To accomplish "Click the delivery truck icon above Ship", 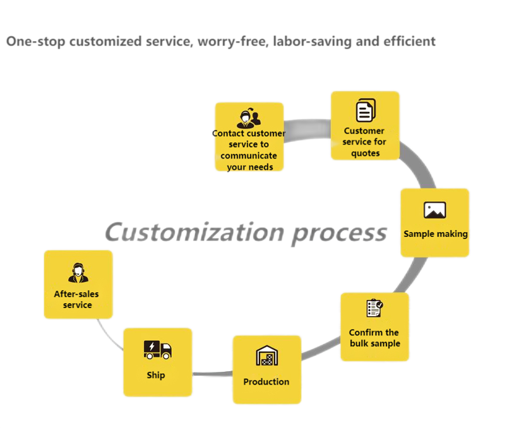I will (157, 349).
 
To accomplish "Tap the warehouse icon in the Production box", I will (266, 356).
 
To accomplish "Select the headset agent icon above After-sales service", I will (78, 273).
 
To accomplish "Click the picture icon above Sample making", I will (434, 210).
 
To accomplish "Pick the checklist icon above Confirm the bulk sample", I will (374, 308).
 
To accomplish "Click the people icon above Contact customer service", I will (249, 118).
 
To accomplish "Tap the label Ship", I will (156, 375).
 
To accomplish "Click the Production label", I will (266, 381).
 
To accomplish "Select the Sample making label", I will (436, 234).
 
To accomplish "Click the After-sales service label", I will (77, 299).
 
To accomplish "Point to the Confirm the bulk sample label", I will (374, 338).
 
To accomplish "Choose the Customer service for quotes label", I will (365, 142).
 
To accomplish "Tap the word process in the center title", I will (338, 232).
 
